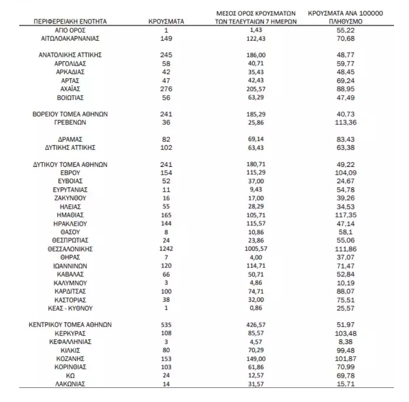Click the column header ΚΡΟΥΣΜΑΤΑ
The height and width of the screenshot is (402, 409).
pos(166,22)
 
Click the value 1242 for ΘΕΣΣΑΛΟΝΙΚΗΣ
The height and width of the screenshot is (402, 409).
pos(166,249)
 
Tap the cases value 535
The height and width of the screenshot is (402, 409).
pos(166,325)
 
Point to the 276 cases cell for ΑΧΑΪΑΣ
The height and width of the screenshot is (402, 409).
pos(166,89)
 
